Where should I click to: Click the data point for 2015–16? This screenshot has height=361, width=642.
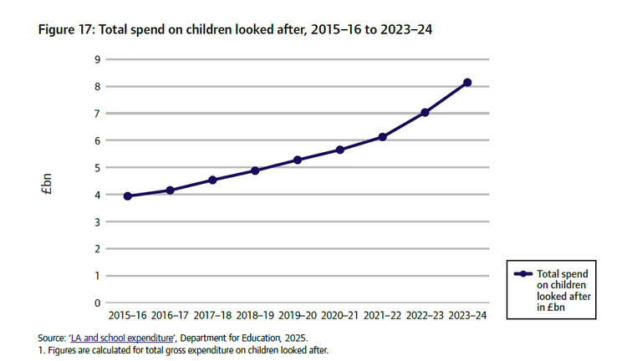[x=128, y=196]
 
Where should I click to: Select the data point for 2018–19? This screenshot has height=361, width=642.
[x=255, y=170]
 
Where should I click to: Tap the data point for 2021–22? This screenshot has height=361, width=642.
[x=382, y=137]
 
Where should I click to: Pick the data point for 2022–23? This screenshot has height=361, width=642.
[x=425, y=112]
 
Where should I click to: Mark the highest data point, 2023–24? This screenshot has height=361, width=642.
[x=467, y=83]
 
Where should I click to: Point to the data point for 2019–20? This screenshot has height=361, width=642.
[x=298, y=160]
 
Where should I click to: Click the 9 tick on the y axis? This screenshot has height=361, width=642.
[x=97, y=59]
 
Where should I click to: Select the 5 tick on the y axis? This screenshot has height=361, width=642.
[x=97, y=168]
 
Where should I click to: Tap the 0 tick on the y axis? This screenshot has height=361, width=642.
[x=97, y=303]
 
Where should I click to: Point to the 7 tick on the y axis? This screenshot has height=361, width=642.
[x=97, y=114]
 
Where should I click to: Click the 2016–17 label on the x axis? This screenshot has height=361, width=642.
[x=171, y=317]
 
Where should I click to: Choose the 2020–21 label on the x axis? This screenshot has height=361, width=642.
[x=340, y=317]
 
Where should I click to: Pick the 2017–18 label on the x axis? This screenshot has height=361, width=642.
[x=212, y=317]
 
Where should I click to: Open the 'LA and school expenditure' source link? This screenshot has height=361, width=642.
[x=124, y=338]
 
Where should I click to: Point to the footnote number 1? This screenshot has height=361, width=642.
[x=40, y=350]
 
